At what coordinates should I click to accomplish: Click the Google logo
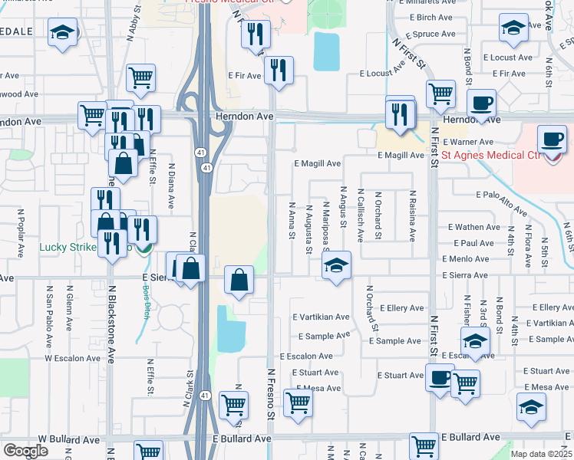coord(26,451)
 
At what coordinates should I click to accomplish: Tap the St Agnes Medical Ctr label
coord(492,156)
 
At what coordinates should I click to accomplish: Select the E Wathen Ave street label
coord(474,227)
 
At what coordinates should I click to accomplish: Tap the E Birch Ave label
coord(426,17)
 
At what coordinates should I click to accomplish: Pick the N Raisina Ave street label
coord(412,216)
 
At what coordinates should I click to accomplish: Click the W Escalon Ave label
coord(72,358)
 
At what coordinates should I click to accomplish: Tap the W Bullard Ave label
coord(69,440)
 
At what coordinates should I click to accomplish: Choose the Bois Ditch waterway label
coord(145,301)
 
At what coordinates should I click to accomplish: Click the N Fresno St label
coord(270,393)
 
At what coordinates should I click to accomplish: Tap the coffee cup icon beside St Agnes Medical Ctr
coord(553,140)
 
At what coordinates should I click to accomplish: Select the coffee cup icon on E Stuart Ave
coord(440,377)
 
